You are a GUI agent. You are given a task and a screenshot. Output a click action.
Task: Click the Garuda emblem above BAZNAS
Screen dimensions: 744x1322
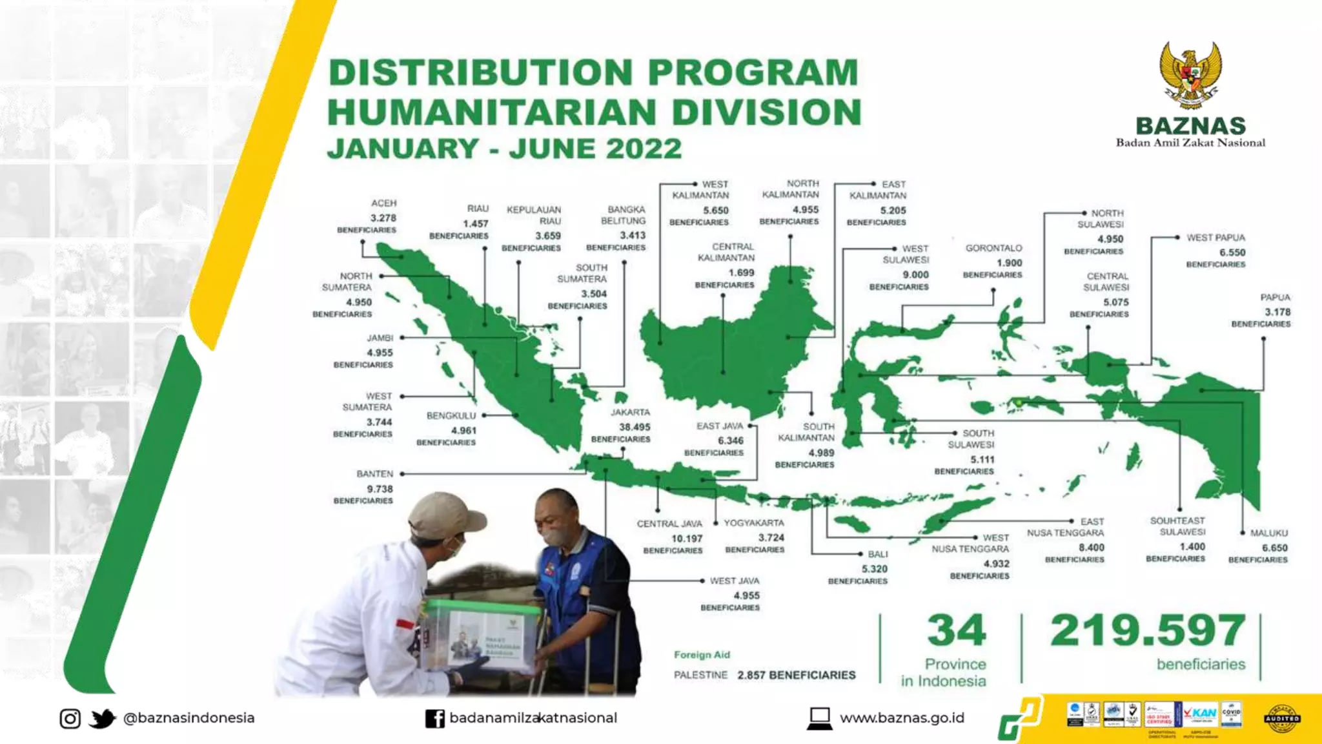1190,74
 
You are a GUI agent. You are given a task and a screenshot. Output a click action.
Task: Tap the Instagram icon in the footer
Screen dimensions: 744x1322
70,718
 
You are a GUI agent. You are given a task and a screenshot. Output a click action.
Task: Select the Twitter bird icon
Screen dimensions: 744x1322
101,718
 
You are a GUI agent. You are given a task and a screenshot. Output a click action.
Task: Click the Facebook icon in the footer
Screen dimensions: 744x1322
435,718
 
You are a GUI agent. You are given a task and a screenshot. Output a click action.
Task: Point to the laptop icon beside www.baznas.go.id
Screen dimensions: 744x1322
820,718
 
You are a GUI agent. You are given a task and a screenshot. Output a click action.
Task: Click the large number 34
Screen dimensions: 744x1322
957,630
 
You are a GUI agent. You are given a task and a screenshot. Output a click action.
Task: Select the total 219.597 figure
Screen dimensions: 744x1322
1148,630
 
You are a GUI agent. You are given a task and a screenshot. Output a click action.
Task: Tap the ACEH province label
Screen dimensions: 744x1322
383,203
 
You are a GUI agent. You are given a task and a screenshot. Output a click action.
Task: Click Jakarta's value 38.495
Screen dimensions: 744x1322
635,427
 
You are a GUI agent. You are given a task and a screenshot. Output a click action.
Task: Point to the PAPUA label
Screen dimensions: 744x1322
1275,297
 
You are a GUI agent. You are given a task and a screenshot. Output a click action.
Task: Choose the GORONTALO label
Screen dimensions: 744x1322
993,248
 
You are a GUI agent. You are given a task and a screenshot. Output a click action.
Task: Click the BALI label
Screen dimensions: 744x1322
878,554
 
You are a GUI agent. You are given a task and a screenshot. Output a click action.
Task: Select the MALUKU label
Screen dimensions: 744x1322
1269,533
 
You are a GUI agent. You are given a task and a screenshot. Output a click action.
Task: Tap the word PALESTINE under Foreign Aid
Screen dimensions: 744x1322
700,675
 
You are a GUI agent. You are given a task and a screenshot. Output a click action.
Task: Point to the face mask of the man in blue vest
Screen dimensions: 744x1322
553,535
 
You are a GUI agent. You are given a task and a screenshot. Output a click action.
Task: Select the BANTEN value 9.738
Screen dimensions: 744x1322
380,489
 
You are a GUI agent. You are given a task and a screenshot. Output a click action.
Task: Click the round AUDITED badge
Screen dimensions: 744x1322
1282,718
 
